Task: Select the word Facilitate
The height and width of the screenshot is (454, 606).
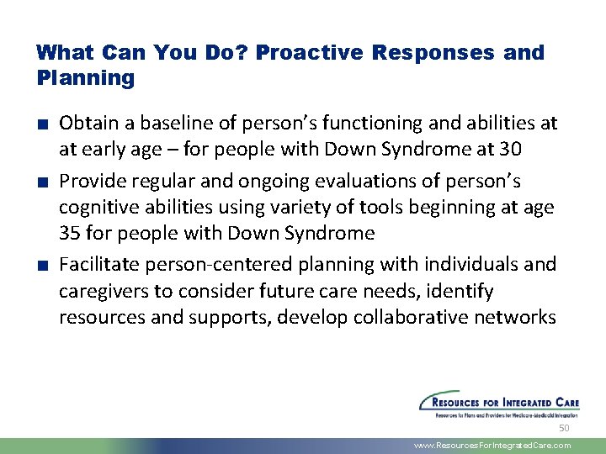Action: coord(98,264)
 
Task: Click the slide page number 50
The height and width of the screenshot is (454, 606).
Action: coord(564,429)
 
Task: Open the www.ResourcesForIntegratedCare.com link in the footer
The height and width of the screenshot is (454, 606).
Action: coord(493,446)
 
